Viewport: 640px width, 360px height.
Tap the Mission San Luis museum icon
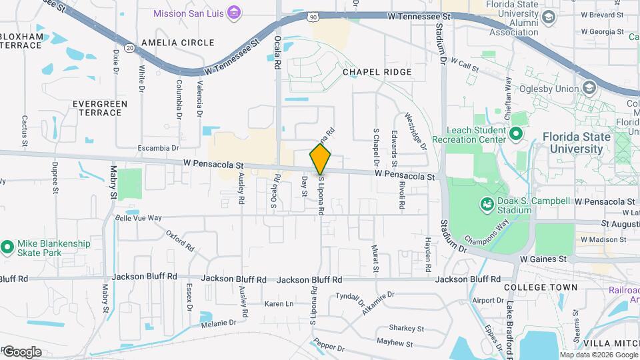tap(234, 13)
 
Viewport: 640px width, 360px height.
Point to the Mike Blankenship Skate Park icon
tap(7, 248)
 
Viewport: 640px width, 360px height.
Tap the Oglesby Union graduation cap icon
tap(589, 88)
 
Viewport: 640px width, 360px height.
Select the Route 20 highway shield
tap(130, 47)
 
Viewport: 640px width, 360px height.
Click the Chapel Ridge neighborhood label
tap(377, 71)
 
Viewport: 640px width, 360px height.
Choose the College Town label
tap(541, 287)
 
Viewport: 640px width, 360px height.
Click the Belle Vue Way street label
tap(139, 218)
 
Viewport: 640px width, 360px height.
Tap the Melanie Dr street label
tap(219, 323)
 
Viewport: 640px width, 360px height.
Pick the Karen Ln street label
tap(279, 304)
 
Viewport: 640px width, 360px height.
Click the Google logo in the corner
tap(22, 351)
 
